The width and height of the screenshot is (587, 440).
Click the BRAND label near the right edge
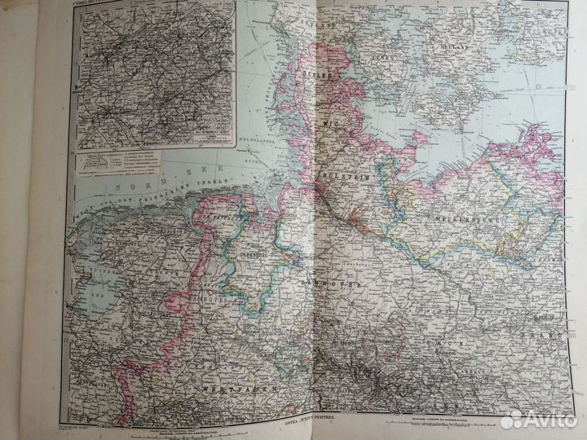[548, 336]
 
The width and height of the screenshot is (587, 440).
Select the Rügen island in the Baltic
[534, 147]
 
